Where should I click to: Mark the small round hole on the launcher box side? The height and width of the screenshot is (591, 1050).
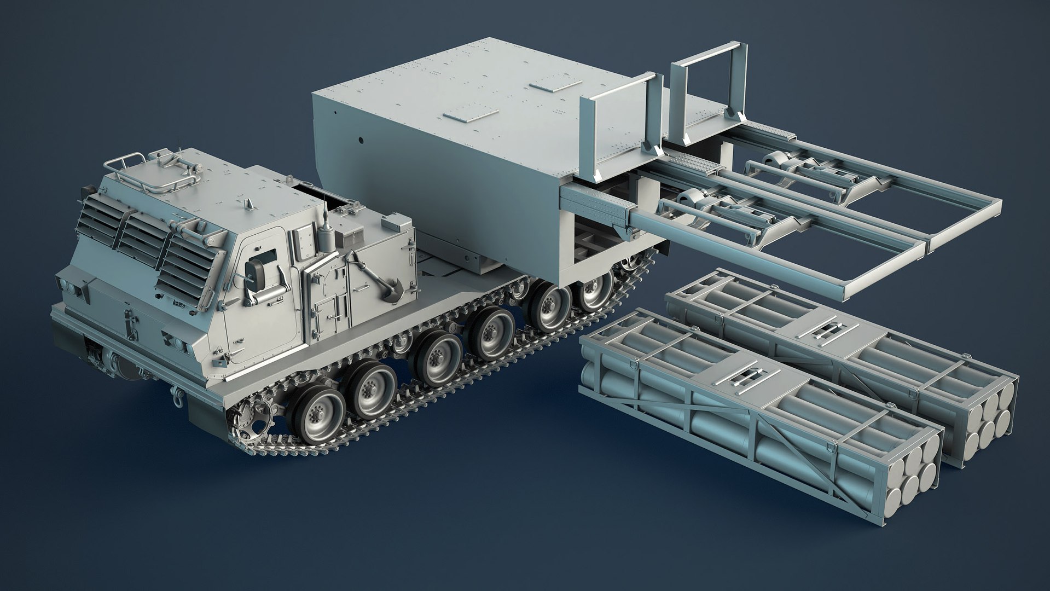362,140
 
